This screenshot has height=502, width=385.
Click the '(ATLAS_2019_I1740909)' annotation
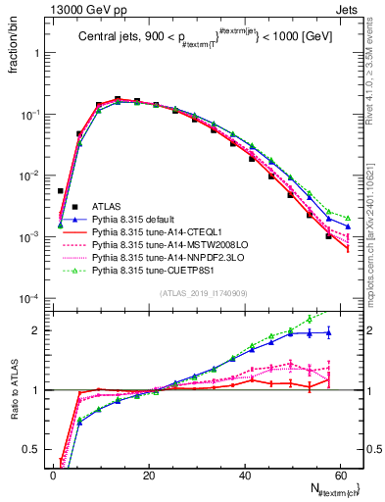click(202, 293)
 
